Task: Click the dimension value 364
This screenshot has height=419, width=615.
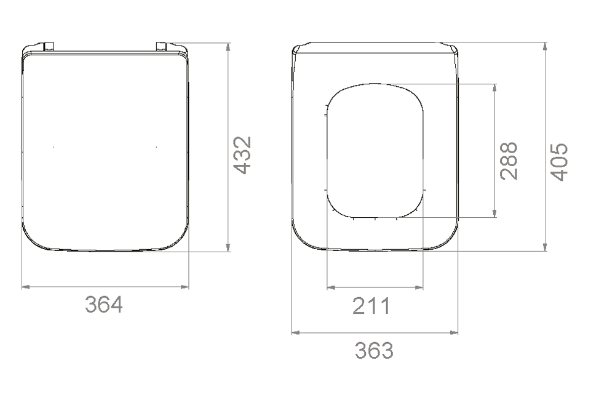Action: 104,305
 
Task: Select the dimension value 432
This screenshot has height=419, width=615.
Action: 242,155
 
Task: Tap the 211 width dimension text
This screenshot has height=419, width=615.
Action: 371,306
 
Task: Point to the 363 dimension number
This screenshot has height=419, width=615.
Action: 374,350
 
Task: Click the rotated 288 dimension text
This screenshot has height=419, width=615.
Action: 509,161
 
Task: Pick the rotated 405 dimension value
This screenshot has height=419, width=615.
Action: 559,162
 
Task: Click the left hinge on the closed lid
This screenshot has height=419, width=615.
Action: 49,46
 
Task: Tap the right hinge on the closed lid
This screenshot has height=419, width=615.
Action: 161,46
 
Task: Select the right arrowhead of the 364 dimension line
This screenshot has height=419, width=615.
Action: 184,287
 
